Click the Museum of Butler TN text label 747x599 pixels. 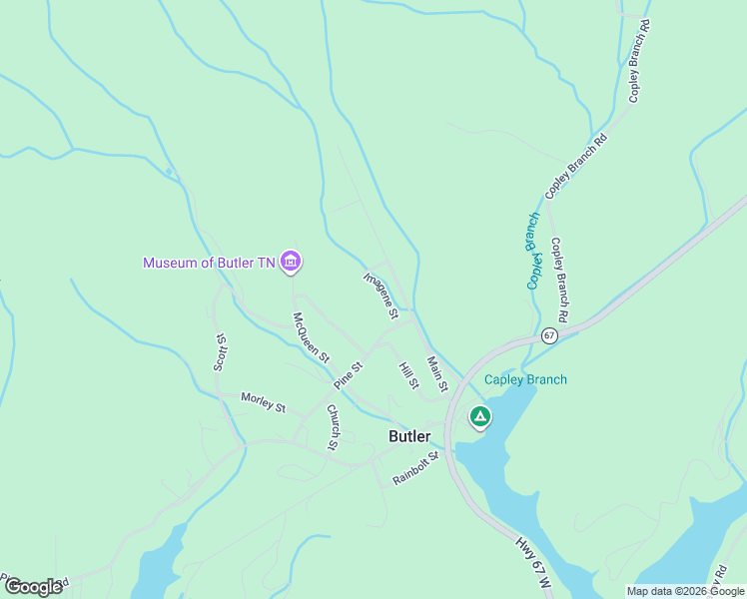tap(208, 263)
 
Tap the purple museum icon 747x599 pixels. tap(291, 263)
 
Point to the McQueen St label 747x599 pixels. tap(311, 339)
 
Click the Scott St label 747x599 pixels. tap(221, 351)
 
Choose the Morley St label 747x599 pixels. tap(263, 402)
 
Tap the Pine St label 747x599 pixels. tap(349, 375)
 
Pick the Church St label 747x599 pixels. tap(334, 425)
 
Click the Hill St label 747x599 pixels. tap(408, 376)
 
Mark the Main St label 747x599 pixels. tap(436, 373)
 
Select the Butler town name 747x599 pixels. tap(409, 436)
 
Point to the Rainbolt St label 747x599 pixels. tap(415, 468)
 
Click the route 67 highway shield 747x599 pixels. tap(548, 334)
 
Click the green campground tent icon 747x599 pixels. tap(480, 416)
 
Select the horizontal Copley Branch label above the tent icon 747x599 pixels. tap(525, 379)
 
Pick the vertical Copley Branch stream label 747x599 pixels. tap(534, 251)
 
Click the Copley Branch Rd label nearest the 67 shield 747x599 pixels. tap(559, 279)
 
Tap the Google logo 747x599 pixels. tap(33, 586)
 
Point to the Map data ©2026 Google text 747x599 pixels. tap(685, 591)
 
